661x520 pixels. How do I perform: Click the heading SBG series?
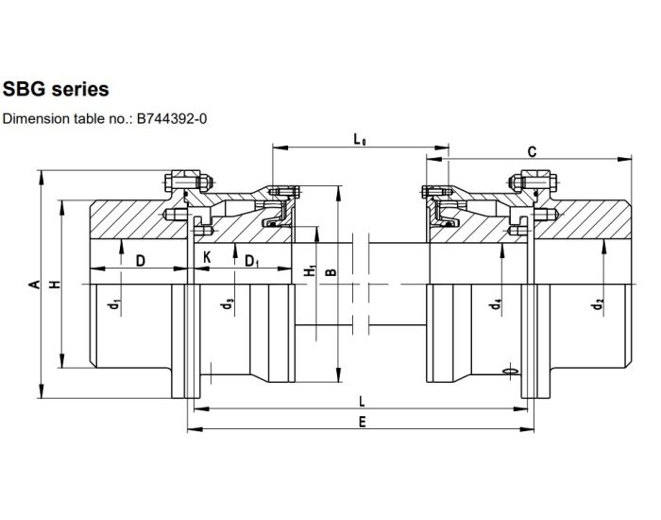[57, 89]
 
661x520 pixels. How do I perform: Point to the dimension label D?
[140, 260]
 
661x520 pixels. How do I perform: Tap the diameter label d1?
[113, 304]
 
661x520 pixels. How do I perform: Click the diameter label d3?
[227, 304]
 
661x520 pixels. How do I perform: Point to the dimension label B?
[330, 272]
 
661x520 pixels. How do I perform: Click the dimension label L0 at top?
[360, 140]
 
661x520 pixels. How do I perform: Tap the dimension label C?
[532, 151]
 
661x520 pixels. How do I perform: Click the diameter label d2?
[599, 304]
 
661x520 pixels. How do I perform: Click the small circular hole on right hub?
[511, 373]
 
